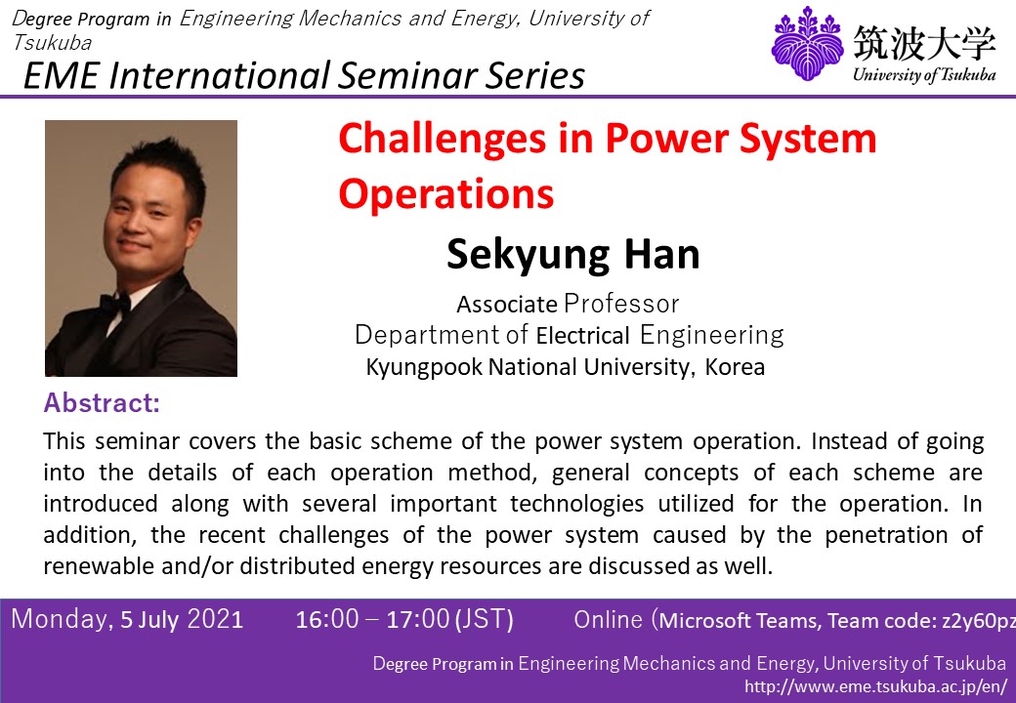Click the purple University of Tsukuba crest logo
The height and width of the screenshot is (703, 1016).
807,43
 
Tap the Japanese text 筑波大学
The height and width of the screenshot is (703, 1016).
924,42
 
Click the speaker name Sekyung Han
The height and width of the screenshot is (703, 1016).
573,254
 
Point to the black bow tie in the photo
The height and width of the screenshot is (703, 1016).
115,303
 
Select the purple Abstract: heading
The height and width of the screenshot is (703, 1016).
102,402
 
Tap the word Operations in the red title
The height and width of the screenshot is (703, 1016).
446,193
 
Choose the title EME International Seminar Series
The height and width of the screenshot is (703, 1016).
304,75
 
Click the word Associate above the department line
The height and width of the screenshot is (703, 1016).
507,305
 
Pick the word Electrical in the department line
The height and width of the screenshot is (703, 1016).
583,336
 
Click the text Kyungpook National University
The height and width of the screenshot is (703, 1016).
528,367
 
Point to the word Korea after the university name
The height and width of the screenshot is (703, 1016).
735,367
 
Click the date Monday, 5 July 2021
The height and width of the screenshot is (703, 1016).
127,619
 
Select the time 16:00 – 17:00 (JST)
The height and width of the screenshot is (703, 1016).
404,619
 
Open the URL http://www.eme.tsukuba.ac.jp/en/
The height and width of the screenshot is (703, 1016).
875,686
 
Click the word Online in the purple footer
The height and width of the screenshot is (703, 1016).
608,619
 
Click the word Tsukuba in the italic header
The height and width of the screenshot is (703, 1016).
52,43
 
